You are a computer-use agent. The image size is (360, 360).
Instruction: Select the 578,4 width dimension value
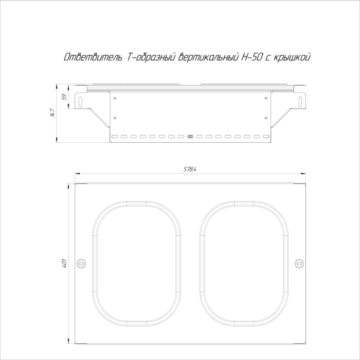(190, 170)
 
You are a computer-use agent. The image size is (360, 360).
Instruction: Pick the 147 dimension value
(53, 113)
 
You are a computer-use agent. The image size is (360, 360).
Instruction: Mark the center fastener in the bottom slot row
(190, 137)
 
